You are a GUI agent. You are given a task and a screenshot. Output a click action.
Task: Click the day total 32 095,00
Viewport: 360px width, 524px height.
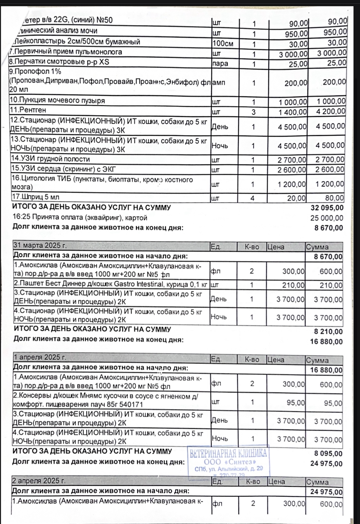pyautogui.click(x=328, y=208)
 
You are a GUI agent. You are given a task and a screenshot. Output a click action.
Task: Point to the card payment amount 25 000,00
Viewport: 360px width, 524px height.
pyautogui.click(x=328, y=218)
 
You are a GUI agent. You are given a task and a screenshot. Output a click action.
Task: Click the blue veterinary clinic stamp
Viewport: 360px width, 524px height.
pyautogui.click(x=229, y=462)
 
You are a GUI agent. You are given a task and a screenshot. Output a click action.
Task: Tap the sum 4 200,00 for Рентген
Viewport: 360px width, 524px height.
pyautogui.click(x=329, y=112)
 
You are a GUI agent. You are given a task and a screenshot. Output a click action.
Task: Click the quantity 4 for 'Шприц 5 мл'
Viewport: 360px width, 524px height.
pyautogui.click(x=254, y=199)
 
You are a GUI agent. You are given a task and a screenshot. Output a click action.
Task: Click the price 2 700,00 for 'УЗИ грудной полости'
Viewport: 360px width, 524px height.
pyautogui.click(x=292, y=159)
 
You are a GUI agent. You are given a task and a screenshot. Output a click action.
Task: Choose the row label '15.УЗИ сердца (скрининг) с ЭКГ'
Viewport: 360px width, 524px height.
pyautogui.click(x=54, y=169)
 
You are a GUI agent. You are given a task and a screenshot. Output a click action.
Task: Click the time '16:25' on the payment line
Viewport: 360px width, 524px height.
pyautogui.click(x=21, y=218)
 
